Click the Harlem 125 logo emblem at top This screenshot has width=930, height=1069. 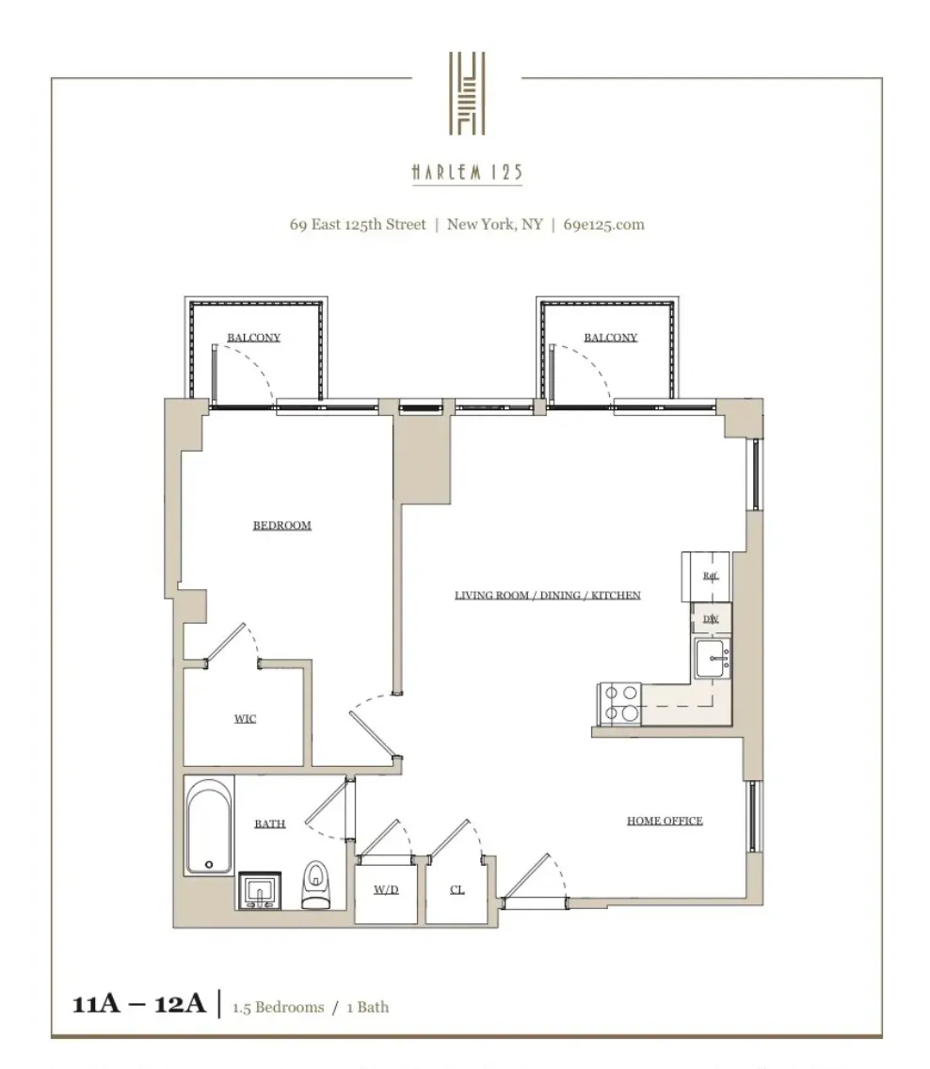click(x=466, y=91)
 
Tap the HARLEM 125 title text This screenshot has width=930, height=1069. click(x=466, y=173)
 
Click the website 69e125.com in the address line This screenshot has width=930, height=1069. click(x=603, y=225)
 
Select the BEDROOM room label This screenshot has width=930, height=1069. click(x=281, y=525)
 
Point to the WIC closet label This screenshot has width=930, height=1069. click(x=245, y=719)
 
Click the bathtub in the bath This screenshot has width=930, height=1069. click(x=209, y=825)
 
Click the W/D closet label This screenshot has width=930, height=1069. click(x=386, y=889)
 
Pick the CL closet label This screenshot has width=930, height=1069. click(x=457, y=889)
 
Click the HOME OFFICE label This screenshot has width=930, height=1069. click(x=665, y=821)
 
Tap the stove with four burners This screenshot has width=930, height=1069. click(x=619, y=702)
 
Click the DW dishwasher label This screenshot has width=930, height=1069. click(x=711, y=618)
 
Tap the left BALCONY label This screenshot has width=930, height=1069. click(x=253, y=338)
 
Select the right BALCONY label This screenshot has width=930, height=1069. click(x=610, y=338)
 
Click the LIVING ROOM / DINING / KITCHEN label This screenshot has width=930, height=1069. click(x=547, y=595)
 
